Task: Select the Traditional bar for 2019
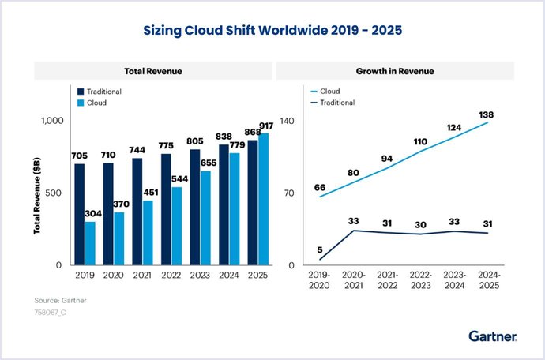pos(80,215)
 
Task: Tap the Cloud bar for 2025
pos(264,199)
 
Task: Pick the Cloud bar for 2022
pos(177,227)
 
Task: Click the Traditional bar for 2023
pos(195,208)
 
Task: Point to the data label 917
pos(266,126)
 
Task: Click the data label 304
pos(93,213)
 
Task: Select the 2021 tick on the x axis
pos(142,276)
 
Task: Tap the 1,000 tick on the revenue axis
pos(52,121)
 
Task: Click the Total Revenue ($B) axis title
pos(37,196)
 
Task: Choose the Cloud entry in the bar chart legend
pos(92,103)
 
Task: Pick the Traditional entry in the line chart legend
pos(333,103)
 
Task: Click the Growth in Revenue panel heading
pos(395,71)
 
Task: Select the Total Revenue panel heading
pos(153,71)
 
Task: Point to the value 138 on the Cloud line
pos(486,114)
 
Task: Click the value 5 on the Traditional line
pos(320,249)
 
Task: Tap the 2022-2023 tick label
pos(420,280)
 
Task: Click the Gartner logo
pos(493,336)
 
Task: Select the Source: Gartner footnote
pos(61,301)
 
